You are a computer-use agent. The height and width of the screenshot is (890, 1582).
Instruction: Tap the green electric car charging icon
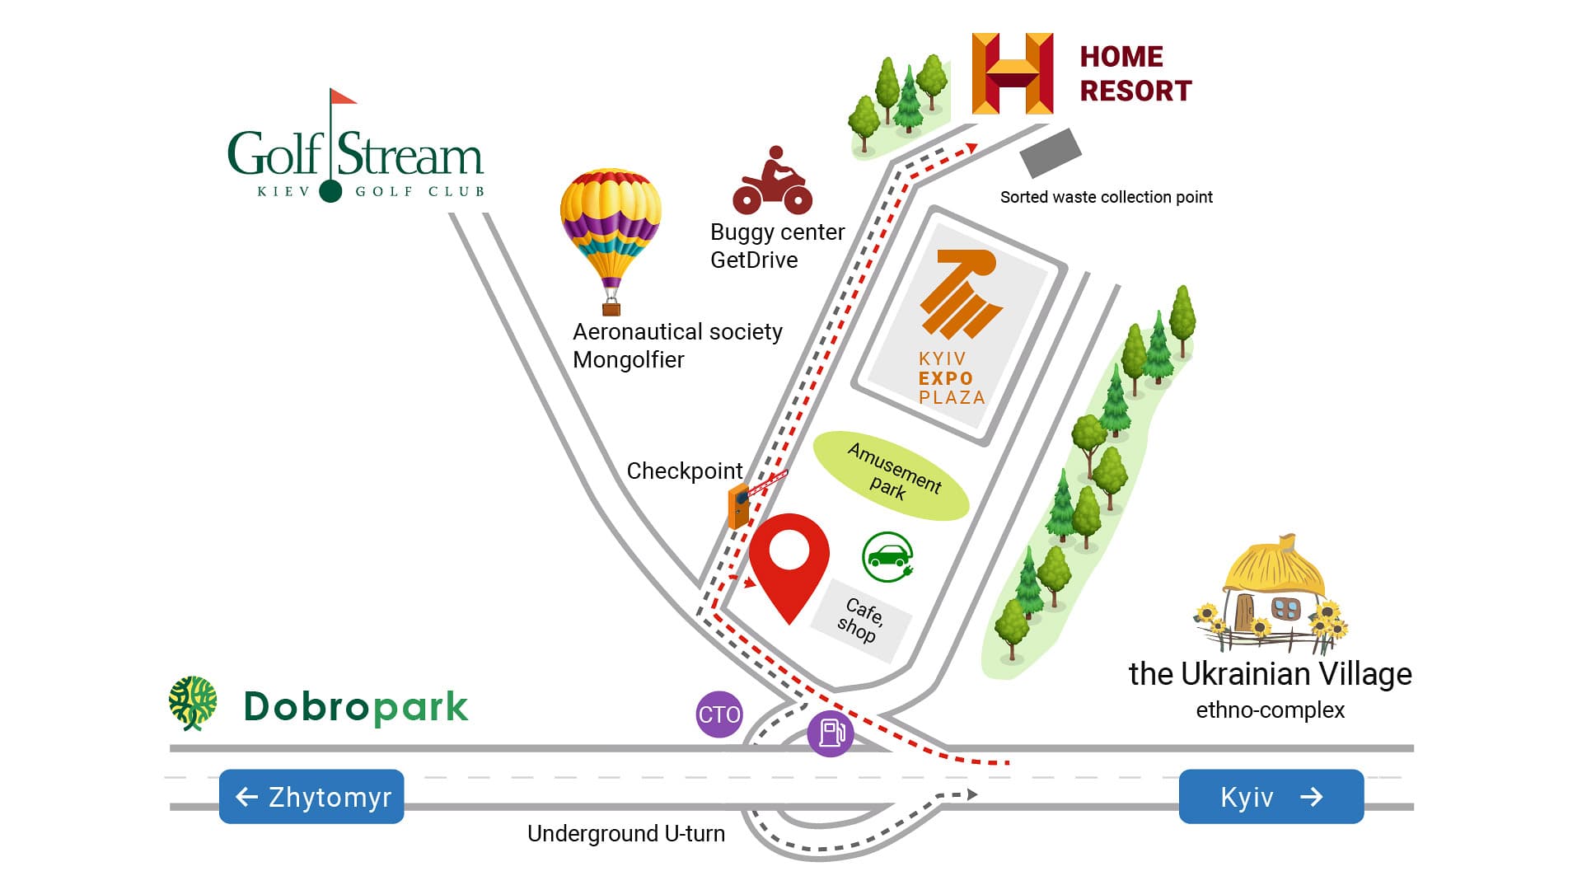[888, 556]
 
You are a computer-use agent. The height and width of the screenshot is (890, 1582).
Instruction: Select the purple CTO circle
[719, 714]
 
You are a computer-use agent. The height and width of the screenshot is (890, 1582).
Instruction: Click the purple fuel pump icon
[831, 733]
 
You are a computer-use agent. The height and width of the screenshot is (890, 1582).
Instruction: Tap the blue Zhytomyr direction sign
[311, 797]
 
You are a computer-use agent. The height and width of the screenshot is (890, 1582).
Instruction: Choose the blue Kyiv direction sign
[1271, 797]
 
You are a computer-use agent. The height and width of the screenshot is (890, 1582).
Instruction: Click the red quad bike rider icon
[773, 180]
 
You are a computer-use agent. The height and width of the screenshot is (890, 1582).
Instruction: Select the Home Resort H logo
[1013, 73]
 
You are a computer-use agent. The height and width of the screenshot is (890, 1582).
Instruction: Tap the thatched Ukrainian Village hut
[1270, 594]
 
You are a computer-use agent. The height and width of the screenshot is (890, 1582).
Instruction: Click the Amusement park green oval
[891, 475]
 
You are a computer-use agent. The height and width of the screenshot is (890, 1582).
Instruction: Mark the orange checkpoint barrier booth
[739, 506]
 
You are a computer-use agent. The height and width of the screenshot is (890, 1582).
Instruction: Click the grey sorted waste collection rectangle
[1051, 153]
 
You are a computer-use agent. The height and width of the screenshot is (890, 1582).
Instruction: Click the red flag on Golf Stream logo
[343, 96]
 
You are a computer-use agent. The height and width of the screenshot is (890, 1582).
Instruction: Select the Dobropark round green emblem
[194, 703]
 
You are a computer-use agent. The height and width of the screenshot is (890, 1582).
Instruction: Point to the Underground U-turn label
[626, 834]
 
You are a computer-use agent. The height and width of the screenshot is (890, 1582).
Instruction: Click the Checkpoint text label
[685, 471]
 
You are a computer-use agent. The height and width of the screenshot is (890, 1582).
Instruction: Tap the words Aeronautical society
[677, 331]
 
